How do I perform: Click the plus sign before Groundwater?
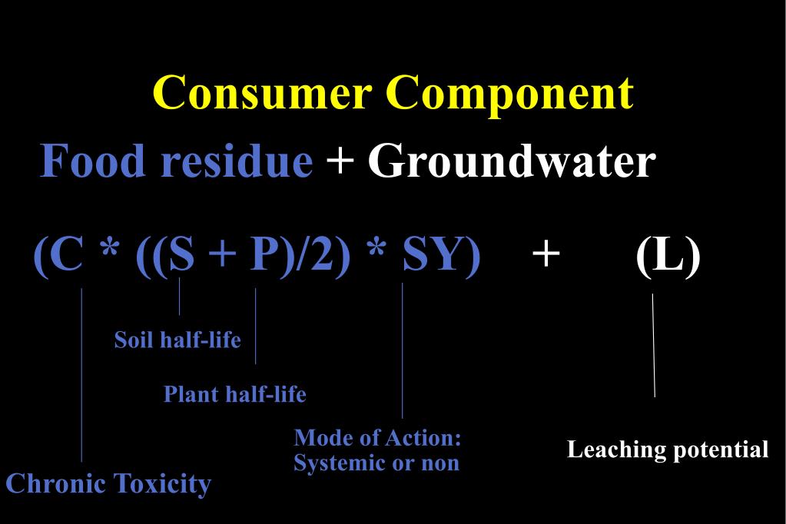click(340, 163)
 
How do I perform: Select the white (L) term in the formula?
click(668, 256)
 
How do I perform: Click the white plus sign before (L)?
click(546, 254)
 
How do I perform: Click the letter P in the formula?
click(264, 256)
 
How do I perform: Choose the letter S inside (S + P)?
click(181, 256)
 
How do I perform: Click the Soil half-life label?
click(177, 340)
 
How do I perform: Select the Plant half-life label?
click(234, 394)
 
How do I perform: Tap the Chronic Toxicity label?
click(108, 484)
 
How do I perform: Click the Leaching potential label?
click(668, 449)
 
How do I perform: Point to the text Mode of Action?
click(377, 438)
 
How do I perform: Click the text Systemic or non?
click(376, 463)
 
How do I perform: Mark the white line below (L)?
click(654, 346)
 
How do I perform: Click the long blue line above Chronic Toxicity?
click(81, 376)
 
